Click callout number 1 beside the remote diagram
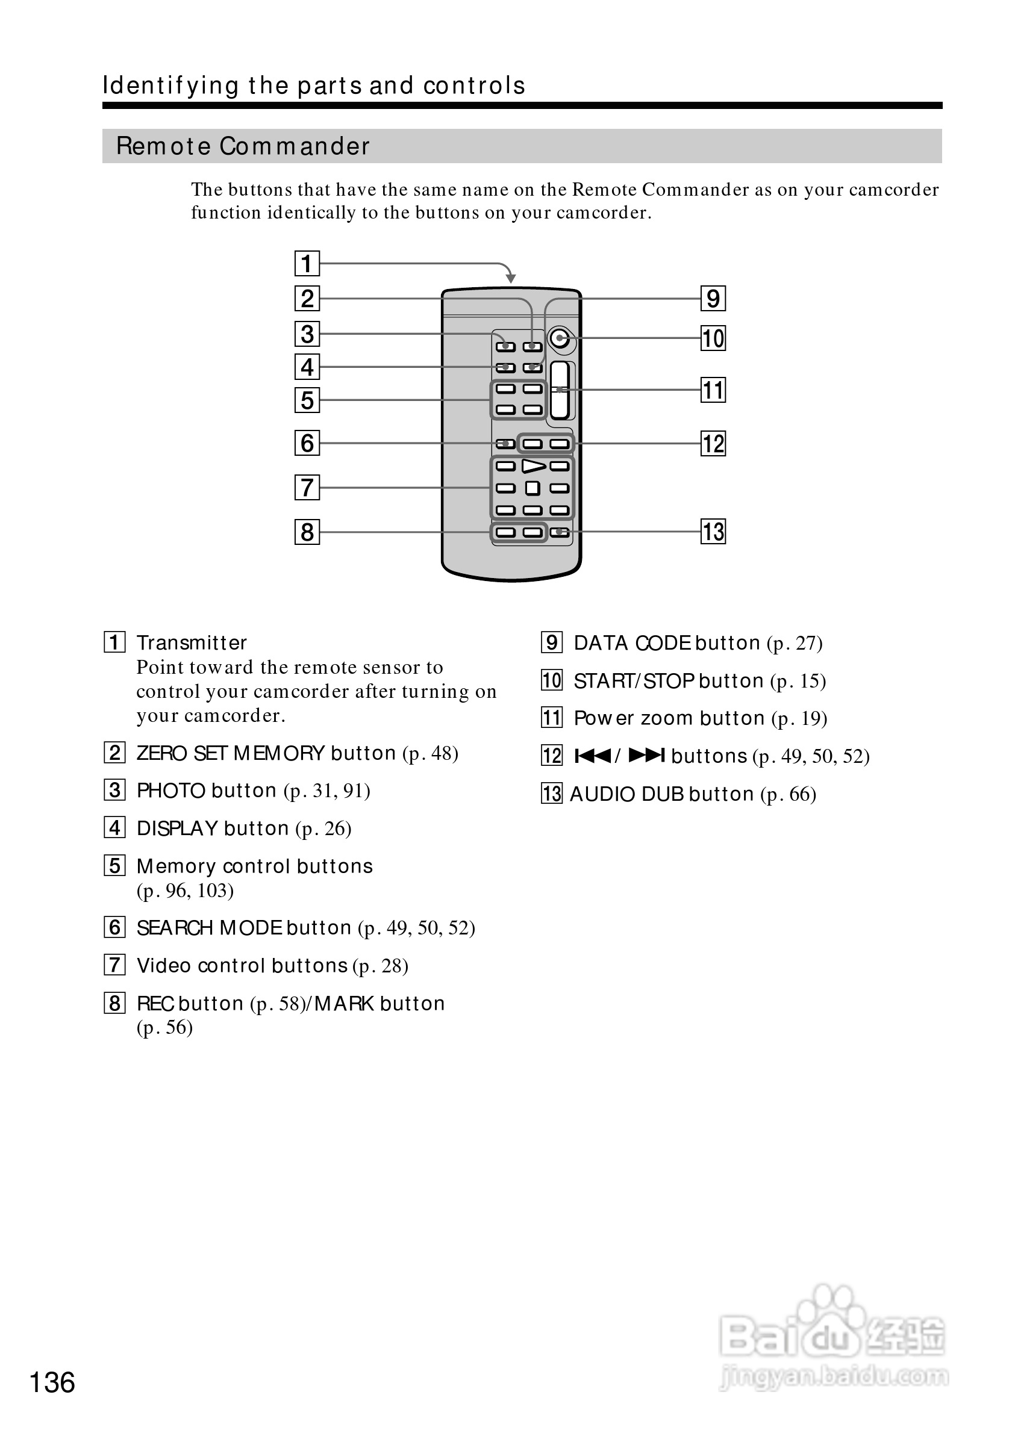click(307, 263)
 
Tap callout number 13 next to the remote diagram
click(713, 532)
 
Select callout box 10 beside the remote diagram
click(713, 338)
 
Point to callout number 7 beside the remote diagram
click(307, 488)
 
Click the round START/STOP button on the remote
click(560, 338)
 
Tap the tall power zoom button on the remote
click(560, 390)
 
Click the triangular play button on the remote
click(533, 466)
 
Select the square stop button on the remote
click(533, 488)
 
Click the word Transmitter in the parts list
click(192, 643)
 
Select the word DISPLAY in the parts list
click(177, 828)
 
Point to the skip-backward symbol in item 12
click(593, 756)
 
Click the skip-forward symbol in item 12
click(646, 756)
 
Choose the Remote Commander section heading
click(243, 146)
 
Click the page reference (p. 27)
click(794, 643)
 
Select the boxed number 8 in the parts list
click(114, 1003)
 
